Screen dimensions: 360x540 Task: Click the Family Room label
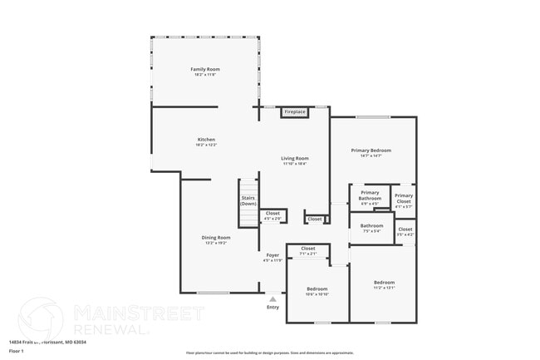point(205,69)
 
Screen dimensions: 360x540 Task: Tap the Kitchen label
point(206,139)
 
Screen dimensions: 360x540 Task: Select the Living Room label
point(294,158)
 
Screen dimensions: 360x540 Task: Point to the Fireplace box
point(295,111)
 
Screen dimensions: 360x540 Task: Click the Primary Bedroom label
point(371,150)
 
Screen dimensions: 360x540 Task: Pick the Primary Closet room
point(404,199)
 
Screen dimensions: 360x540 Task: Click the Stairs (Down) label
point(248,200)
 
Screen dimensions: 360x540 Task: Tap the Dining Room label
point(216,238)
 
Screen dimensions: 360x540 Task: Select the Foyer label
point(272,254)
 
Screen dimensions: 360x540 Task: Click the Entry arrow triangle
point(272,298)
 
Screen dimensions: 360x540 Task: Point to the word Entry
point(272,308)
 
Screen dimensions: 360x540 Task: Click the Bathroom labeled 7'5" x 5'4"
point(371,226)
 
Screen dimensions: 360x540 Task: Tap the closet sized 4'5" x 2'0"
point(272,215)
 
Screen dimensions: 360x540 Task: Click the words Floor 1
point(17,352)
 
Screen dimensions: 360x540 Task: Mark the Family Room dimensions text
point(205,76)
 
